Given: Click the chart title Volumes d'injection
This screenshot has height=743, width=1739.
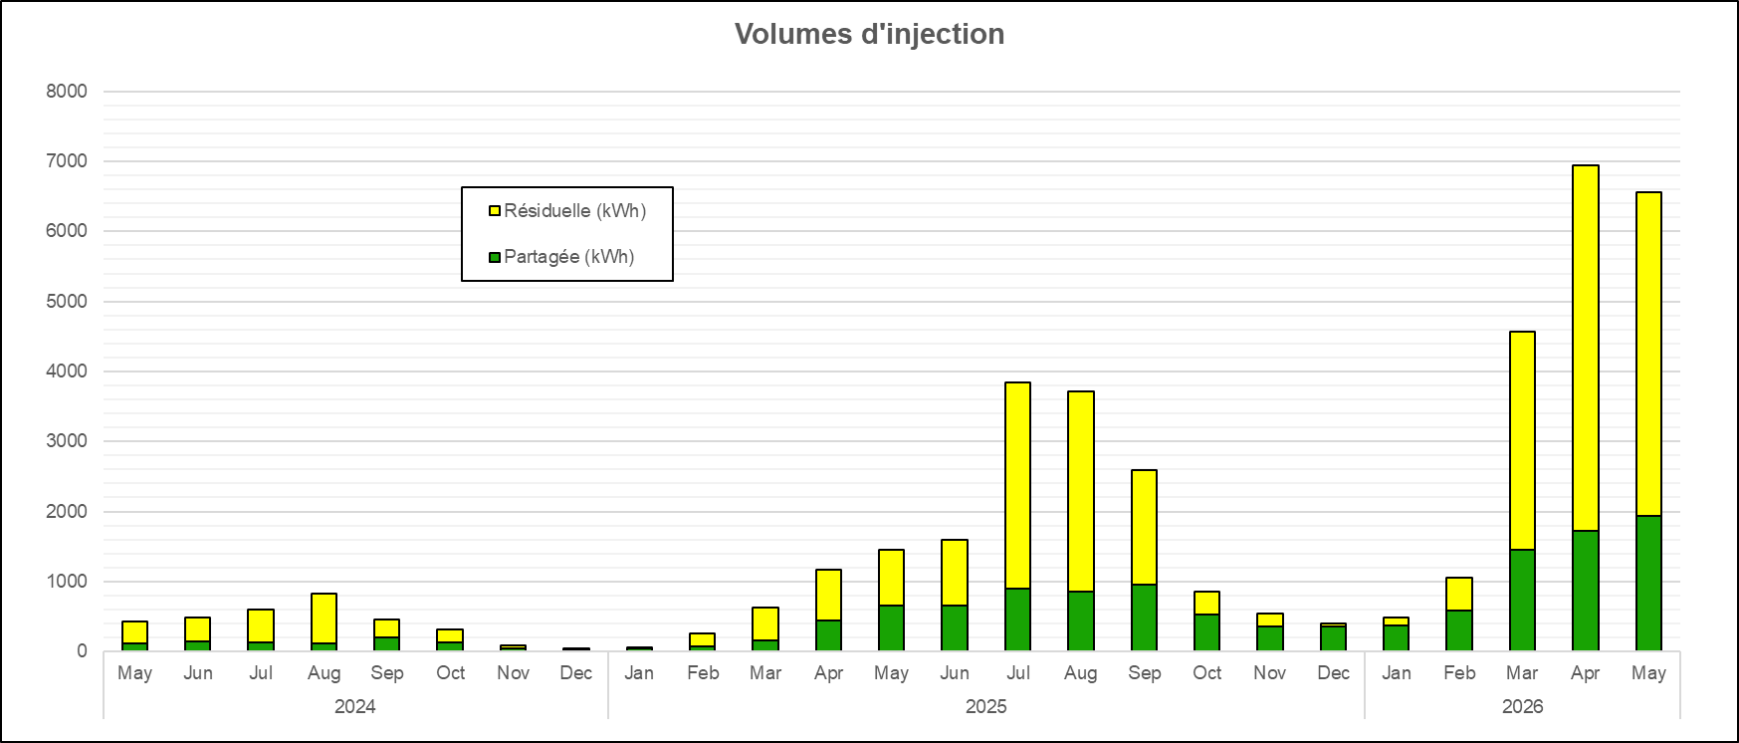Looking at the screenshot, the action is click(869, 34).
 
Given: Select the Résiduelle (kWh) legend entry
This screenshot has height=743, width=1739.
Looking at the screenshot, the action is click(567, 211).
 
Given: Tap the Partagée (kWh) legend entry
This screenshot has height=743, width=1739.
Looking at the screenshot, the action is click(561, 257).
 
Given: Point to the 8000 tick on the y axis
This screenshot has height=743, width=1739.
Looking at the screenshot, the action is click(67, 91).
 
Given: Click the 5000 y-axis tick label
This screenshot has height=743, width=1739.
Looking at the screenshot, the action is click(67, 301).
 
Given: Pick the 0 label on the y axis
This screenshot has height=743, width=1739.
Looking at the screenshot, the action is click(82, 651).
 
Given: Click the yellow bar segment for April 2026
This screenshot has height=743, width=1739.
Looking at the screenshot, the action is click(1585, 349).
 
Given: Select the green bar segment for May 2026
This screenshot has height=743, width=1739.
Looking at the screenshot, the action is click(1648, 584).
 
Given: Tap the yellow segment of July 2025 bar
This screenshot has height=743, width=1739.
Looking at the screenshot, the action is click(1017, 486).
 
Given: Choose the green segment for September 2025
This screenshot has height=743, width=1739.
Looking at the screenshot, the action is click(1144, 618).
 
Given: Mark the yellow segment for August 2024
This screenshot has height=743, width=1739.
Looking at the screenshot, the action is click(324, 619).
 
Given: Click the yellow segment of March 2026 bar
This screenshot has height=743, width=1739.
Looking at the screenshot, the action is click(1522, 441).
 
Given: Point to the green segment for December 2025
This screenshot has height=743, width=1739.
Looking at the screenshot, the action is click(1333, 638).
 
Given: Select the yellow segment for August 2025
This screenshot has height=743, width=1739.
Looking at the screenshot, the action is click(1081, 492).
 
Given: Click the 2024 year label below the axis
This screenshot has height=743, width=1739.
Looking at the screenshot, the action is click(355, 707).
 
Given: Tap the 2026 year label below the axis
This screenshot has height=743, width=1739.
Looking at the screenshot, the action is click(1522, 707).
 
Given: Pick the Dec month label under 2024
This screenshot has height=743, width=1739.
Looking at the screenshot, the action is click(576, 673).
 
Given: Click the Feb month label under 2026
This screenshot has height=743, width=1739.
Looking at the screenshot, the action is click(1459, 673).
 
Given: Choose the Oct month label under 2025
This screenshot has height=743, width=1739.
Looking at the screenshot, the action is click(1207, 673).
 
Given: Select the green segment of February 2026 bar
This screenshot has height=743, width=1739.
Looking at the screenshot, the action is click(1459, 630).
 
